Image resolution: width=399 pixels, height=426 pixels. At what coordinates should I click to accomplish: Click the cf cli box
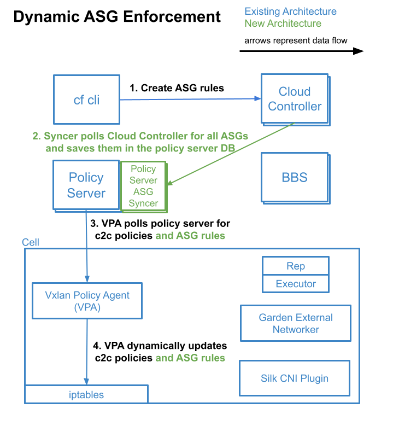tap(86, 100)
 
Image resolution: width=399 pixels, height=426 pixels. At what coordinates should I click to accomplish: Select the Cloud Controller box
tap(295, 99)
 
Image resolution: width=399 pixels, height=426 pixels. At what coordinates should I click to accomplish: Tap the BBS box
tap(295, 177)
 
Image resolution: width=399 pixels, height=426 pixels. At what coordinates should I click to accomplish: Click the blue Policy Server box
tap(86, 185)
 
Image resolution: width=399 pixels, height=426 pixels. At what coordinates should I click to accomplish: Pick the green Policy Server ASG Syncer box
tap(143, 186)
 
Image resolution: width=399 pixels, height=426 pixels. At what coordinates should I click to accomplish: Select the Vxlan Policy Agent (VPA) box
tap(87, 301)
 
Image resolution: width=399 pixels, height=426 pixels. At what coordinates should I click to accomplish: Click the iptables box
tap(86, 394)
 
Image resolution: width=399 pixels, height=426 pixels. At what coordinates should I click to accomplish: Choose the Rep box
tap(296, 266)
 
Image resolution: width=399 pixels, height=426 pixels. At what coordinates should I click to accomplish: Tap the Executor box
tap(296, 284)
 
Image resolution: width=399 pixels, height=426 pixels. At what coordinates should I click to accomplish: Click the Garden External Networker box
tap(295, 323)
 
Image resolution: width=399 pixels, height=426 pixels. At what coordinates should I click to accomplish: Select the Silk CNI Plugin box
tap(295, 378)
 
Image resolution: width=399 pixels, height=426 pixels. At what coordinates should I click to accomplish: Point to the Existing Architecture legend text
tap(290, 11)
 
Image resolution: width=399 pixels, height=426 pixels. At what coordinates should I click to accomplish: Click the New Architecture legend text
tap(283, 24)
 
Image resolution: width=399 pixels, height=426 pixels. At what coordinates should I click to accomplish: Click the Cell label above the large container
tap(31, 242)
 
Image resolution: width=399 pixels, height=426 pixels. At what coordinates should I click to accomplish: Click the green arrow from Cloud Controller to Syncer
tap(230, 154)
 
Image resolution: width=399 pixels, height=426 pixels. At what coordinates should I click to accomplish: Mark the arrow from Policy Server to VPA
tap(86, 246)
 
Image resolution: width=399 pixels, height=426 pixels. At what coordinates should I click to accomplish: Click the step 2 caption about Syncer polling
tap(140, 142)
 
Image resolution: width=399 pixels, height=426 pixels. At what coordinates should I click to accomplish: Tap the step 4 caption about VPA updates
tap(159, 352)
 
